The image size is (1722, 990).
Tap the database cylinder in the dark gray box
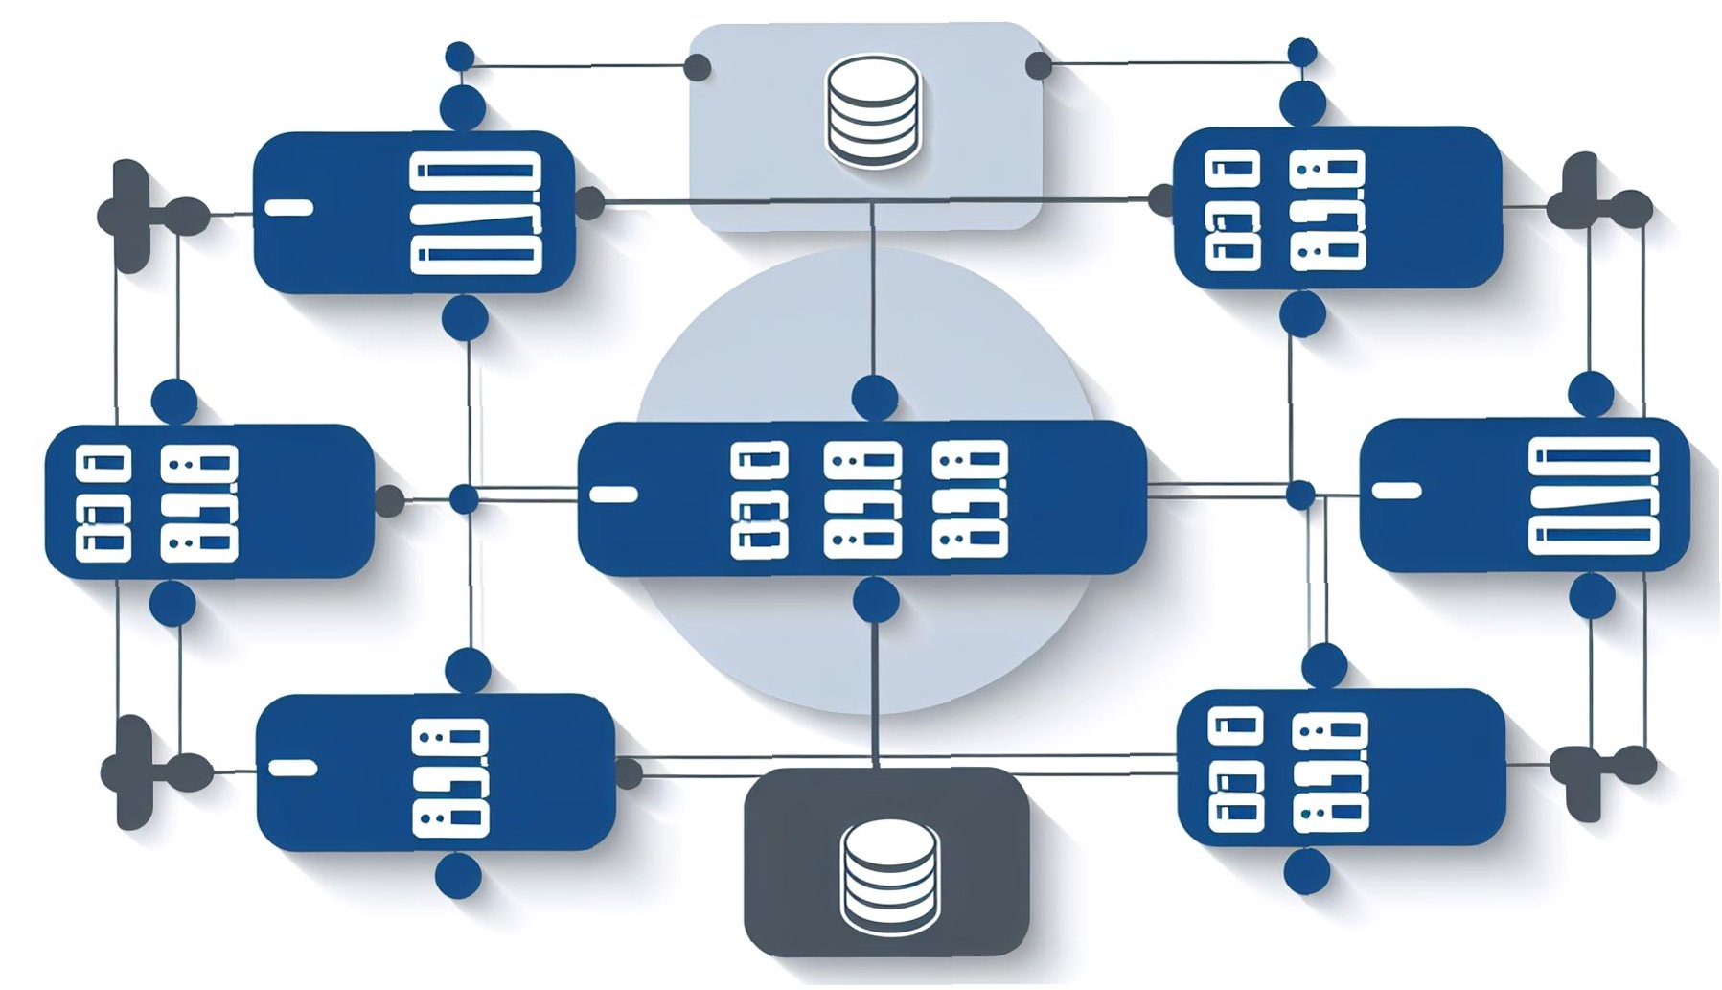coord(888,876)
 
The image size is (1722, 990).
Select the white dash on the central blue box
coord(614,495)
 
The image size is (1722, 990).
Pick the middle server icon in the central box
coord(862,499)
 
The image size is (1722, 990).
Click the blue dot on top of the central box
coord(874,397)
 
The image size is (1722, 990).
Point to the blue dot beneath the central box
coord(875,600)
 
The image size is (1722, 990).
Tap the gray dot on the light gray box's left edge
coord(698,67)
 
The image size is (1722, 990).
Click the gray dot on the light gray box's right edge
coord(1039,66)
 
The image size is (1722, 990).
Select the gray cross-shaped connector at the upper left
coord(132,216)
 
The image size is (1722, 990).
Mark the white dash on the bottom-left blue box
coord(292,769)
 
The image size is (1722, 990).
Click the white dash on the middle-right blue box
coord(1396,491)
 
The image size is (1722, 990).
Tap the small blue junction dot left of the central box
coord(465,499)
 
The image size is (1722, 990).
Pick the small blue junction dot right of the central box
coord(1300,495)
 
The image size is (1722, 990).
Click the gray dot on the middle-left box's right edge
coord(388,500)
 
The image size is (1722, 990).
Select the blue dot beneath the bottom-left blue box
coord(458,876)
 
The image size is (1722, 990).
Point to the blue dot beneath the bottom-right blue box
coord(1306,871)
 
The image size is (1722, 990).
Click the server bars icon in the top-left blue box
coord(475,213)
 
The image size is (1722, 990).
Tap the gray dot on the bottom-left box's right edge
coord(628,773)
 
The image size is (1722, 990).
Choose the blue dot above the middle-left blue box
coord(174,401)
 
